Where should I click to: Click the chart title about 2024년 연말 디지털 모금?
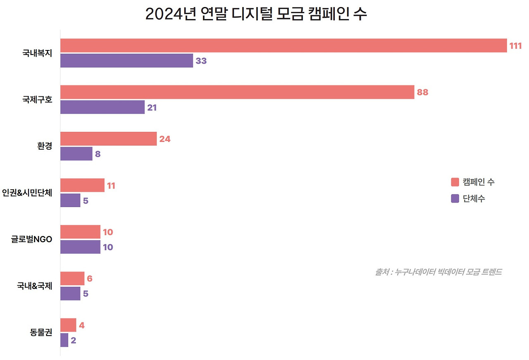tap(256, 14)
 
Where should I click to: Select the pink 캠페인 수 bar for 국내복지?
tap(284, 45)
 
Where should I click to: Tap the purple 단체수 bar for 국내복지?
tap(126, 61)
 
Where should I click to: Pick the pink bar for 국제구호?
tap(237, 92)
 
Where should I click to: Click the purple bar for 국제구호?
tap(102, 107)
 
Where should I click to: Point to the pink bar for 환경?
tap(108, 139)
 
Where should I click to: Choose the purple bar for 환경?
tap(76, 154)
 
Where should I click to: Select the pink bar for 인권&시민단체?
tap(82, 186)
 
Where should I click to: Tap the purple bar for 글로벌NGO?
tap(80, 247)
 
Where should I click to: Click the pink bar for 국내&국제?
tap(72, 279)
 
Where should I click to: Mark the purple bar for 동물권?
tap(64, 340)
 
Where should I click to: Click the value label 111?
tap(515, 46)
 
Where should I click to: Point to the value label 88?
tap(422, 93)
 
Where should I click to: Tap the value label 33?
tap(201, 61)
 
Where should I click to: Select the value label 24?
tap(164, 139)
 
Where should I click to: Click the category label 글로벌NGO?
tap(31, 239)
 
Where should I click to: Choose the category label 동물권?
tap(41, 332)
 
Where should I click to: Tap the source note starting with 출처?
tap(438, 272)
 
